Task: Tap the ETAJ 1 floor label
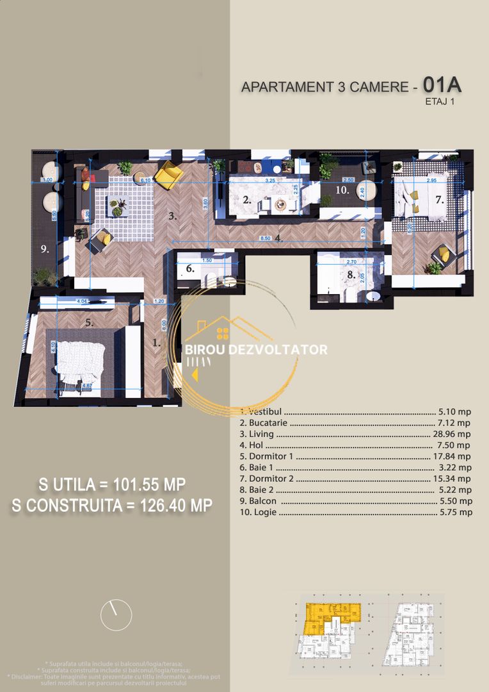[x=440, y=101]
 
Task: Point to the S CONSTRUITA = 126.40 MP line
[x=112, y=506]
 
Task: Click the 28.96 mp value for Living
[x=452, y=434]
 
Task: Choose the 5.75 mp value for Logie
[x=456, y=512]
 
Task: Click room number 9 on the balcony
[x=45, y=249]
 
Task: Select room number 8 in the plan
[x=350, y=274]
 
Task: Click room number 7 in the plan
[x=439, y=199]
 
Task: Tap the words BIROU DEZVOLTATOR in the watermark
[x=256, y=350]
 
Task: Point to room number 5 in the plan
[x=90, y=323]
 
